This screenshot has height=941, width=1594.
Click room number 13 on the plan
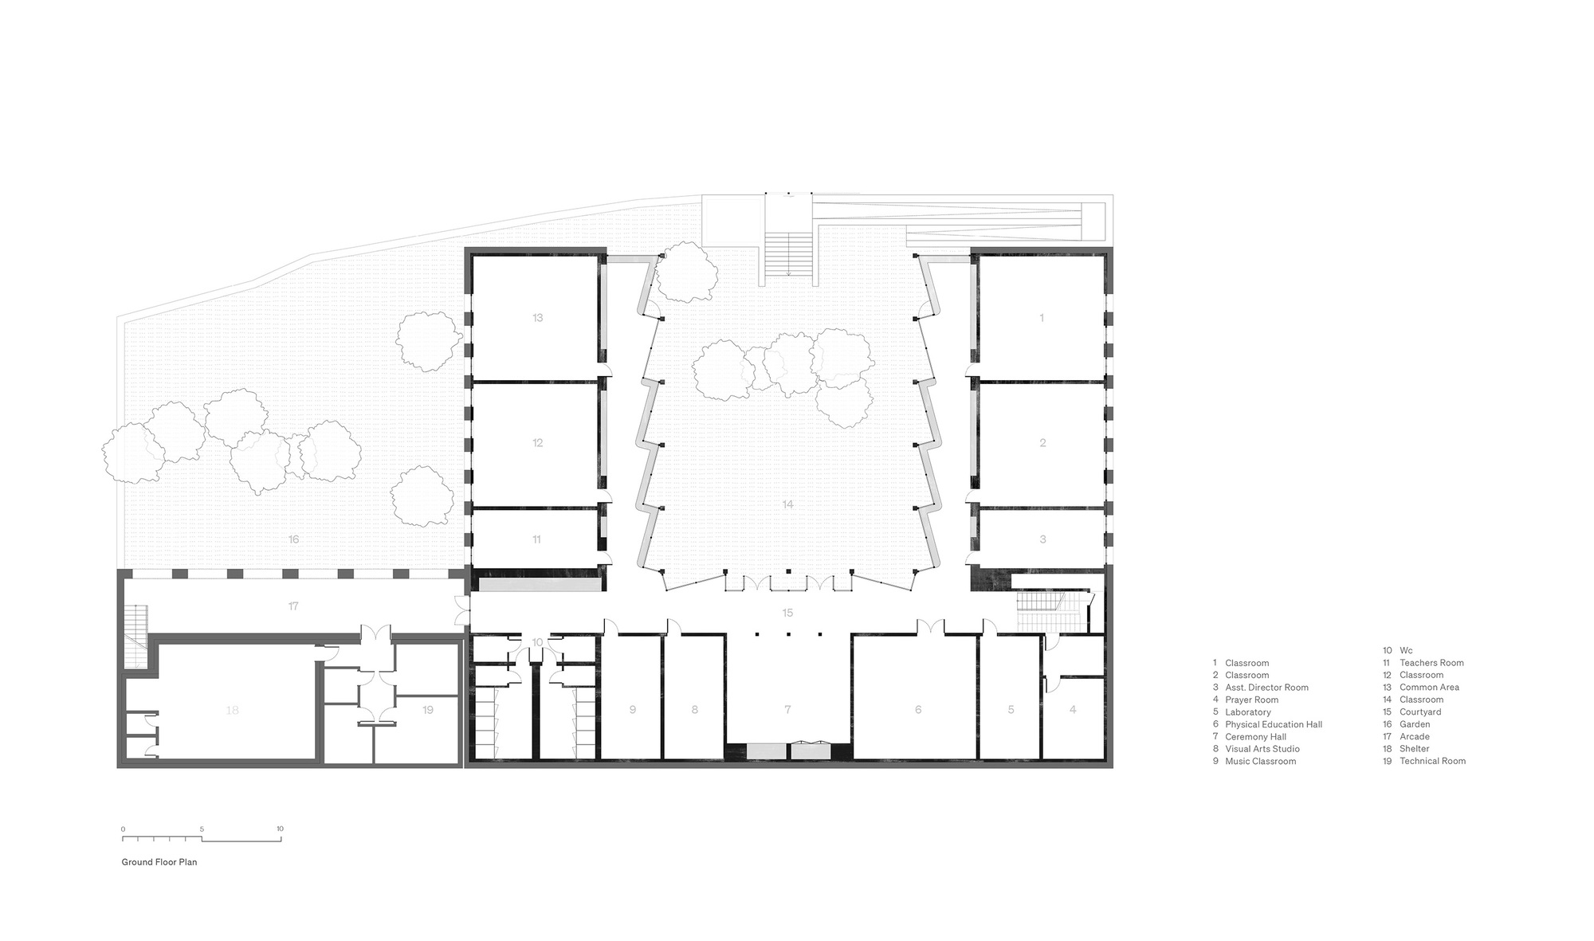tap(537, 318)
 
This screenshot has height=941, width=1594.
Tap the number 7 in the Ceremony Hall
tap(787, 709)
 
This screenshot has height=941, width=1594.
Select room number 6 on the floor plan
tap(918, 709)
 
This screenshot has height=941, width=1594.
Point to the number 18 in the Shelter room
tap(232, 710)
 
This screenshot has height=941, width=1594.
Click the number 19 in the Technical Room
tap(428, 709)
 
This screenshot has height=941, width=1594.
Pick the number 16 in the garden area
tap(293, 539)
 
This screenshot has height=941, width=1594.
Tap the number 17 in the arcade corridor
tap(293, 606)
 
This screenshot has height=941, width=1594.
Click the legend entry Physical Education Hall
tap(1273, 724)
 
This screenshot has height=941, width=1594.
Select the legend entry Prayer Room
tap(1251, 700)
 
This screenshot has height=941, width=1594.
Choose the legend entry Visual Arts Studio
tap(1262, 749)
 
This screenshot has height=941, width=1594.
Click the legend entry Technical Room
tap(1432, 761)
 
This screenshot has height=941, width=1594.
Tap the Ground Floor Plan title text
tap(159, 862)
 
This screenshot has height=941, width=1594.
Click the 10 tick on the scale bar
tap(281, 829)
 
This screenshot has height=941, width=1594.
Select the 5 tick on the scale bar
tap(202, 829)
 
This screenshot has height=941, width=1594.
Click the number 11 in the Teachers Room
tap(536, 539)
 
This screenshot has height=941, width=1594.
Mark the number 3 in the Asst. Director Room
tap(1042, 539)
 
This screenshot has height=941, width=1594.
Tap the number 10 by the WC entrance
tap(537, 642)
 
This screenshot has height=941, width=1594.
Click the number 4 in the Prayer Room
tap(1073, 709)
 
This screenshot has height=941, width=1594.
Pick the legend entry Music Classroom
tap(1260, 761)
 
